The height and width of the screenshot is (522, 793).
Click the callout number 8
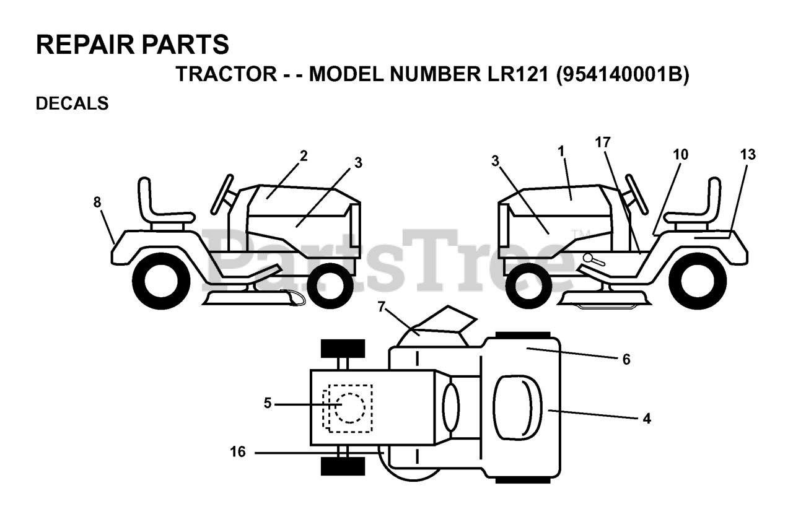click(97, 202)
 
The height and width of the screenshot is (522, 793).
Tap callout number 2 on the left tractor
click(304, 156)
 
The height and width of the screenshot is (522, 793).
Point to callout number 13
click(748, 155)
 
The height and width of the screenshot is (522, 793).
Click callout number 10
click(680, 155)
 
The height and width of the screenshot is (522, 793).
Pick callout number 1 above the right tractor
click(561, 151)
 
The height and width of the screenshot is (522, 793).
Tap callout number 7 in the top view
click(382, 305)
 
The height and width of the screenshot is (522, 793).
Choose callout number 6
click(626, 359)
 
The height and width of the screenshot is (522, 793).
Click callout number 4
click(647, 419)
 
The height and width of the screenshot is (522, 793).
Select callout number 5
click(268, 403)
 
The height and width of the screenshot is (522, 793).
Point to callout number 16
click(238, 453)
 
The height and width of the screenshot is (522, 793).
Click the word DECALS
click(72, 104)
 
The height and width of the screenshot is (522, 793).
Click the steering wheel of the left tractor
click(222, 194)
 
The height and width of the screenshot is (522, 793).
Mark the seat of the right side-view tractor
click(701, 204)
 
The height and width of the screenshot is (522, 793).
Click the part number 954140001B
click(622, 74)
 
